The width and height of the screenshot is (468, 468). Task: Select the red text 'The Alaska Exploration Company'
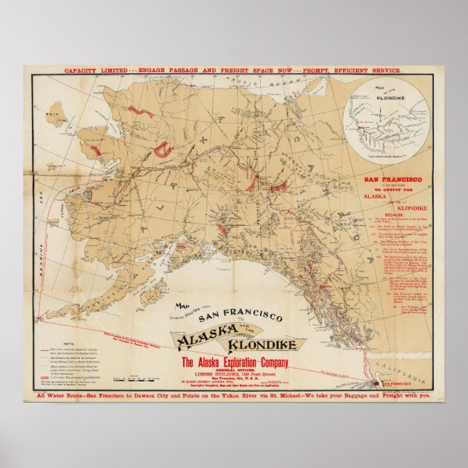(230, 363)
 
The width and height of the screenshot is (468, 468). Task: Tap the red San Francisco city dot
(376, 382)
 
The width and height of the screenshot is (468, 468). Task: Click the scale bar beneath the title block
(145, 378)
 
